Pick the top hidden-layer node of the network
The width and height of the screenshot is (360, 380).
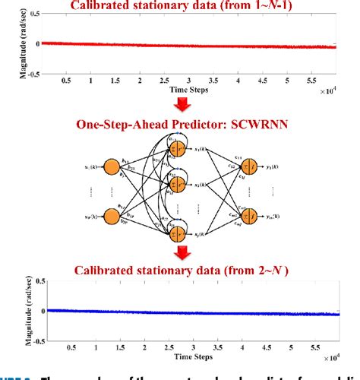tap(179, 149)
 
